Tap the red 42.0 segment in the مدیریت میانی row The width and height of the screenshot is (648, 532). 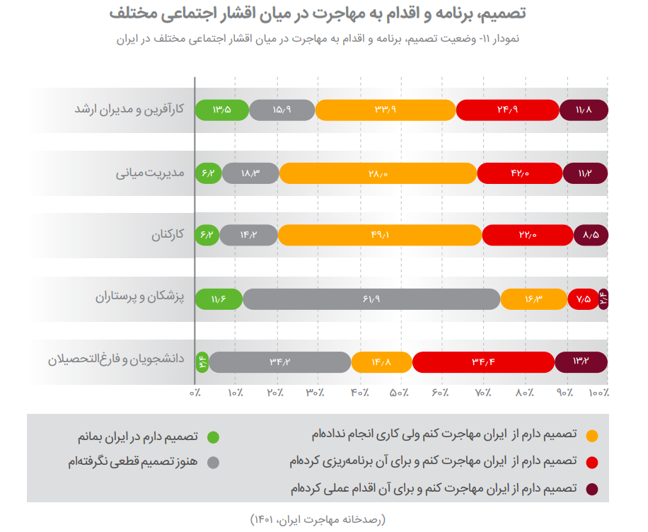click(519, 173)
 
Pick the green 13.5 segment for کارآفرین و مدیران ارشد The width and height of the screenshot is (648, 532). click(221, 110)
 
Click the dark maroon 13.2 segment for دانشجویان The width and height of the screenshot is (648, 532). click(581, 362)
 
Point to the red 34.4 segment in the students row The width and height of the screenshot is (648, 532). click(482, 362)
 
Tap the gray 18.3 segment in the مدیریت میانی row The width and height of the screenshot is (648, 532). click(250, 173)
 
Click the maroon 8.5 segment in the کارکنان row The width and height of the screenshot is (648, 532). click(591, 235)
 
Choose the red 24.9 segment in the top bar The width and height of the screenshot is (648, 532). click(507, 110)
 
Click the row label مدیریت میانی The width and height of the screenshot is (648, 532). click(150, 173)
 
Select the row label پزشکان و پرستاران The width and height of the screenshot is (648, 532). click(139, 297)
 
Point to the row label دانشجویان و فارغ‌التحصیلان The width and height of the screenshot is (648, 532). click(116, 359)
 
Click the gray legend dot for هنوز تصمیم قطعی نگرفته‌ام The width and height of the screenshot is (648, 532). click(213, 462)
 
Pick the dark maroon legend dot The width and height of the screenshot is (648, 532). click(591, 488)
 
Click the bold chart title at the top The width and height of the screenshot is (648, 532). click(319, 13)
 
